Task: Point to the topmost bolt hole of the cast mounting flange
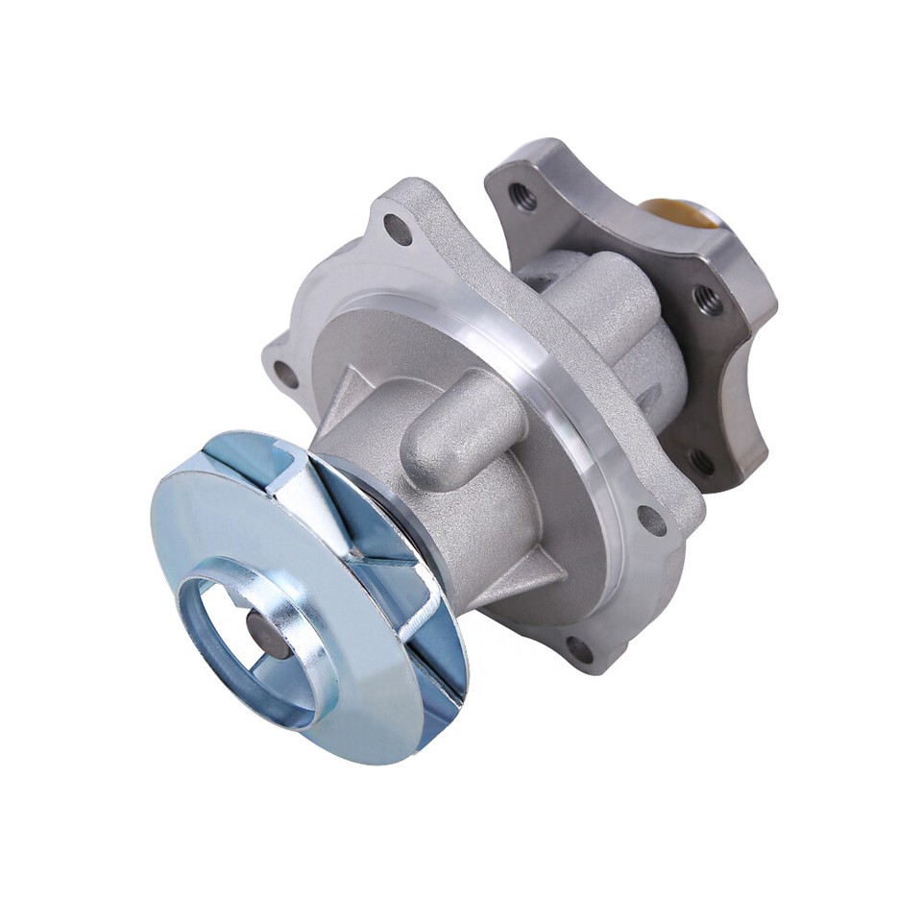point(397,228)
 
